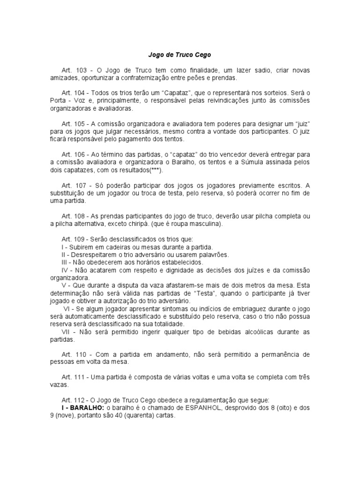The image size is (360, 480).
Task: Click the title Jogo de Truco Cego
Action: tap(180, 55)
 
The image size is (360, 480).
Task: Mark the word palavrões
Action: tap(212, 255)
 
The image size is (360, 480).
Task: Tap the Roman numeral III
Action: tap(65, 262)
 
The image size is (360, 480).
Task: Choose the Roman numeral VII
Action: tap(67, 331)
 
